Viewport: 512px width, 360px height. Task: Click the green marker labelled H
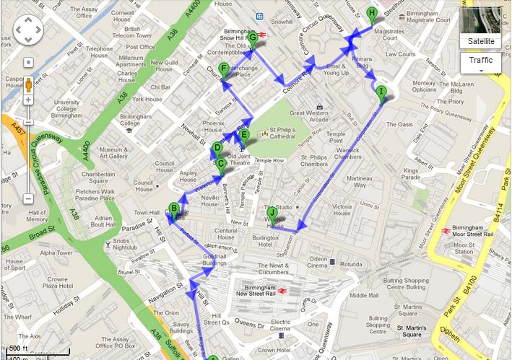(371, 13)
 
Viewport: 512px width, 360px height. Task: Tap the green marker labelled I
(381, 91)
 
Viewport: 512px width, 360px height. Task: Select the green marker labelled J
(272, 213)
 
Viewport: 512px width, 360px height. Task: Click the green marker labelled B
(173, 210)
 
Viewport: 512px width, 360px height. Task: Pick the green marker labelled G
(253, 38)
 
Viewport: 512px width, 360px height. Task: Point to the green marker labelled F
(224, 69)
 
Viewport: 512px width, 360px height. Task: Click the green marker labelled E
(244, 135)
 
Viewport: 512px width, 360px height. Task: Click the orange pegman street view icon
(28, 83)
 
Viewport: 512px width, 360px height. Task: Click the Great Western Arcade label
(308, 116)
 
